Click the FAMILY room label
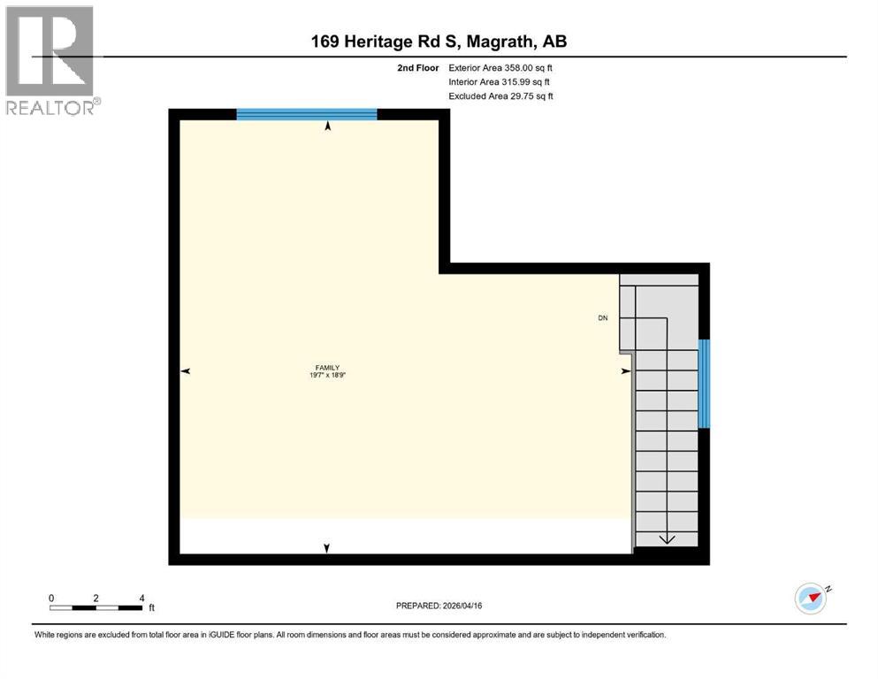(328, 368)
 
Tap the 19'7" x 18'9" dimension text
(328, 376)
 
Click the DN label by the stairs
(603, 318)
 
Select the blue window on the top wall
(307, 113)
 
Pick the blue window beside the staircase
(704, 384)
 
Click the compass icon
(811, 599)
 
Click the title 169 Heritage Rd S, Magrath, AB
(439, 42)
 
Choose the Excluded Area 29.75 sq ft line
(500, 96)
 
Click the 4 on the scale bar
(142, 598)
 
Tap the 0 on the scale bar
(52, 598)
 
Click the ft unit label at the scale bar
(151, 608)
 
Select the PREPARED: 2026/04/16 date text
(439, 606)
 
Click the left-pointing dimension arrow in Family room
(186, 371)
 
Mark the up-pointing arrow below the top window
(329, 127)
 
